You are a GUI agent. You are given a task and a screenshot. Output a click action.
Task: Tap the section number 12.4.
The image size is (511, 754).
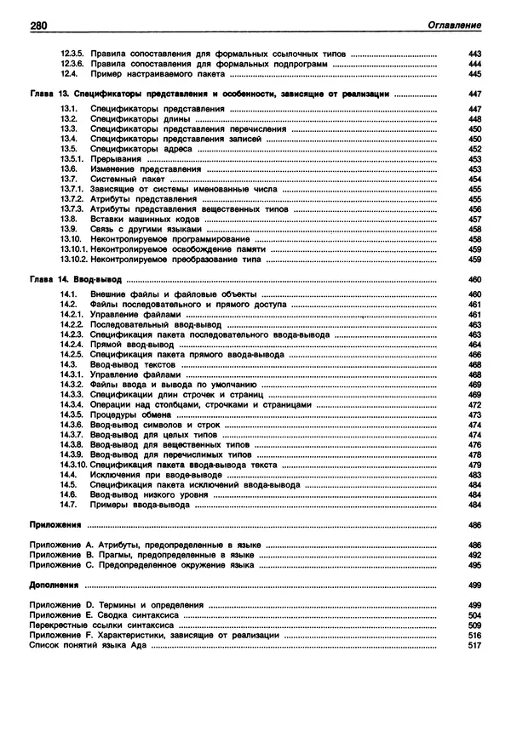pyautogui.click(x=71, y=75)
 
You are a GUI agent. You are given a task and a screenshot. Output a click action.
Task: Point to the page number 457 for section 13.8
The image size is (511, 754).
pyautogui.click(x=475, y=219)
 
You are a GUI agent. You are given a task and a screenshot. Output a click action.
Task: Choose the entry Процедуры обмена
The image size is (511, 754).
pyautogui.click(x=125, y=415)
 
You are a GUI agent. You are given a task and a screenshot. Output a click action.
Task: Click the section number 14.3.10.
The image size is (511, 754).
pyautogui.click(x=74, y=466)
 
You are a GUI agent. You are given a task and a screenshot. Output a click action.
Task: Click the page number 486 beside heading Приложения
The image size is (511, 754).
pyautogui.click(x=475, y=525)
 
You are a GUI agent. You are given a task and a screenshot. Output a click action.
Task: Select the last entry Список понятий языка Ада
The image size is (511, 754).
pyautogui.click(x=88, y=645)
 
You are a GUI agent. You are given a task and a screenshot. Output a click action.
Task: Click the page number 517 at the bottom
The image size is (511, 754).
pyautogui.click(x=475, y=645)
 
